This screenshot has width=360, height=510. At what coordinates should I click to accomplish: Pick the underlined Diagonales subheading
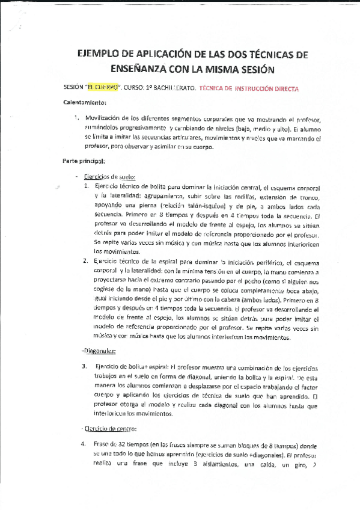[x=99, y=351]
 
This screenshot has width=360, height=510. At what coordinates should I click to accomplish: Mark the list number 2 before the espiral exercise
[x=85, y=262]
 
